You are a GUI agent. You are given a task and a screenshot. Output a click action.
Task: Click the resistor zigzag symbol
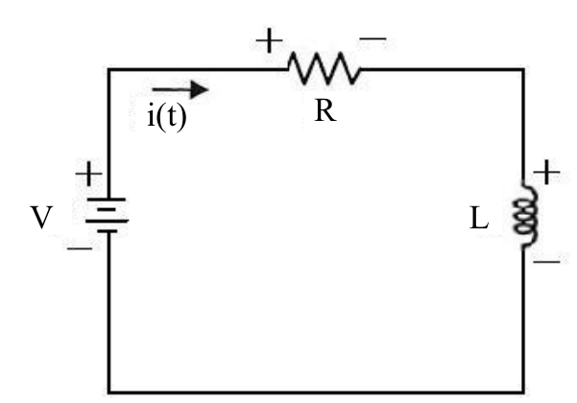[325, 68]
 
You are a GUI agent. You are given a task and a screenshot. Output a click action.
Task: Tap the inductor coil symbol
[526, 214]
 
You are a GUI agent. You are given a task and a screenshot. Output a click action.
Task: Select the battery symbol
[108, 215]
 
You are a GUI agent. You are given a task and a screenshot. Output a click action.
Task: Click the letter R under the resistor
[325, 111]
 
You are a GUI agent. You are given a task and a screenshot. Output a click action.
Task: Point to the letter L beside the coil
[479, 219]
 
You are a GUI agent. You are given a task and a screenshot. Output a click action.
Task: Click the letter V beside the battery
[41, 217]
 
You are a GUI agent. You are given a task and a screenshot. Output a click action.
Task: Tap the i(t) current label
[167, 116]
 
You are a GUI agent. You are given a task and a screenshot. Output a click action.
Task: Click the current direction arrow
[180, 90]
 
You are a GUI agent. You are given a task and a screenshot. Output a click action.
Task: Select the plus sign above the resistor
[270, 40]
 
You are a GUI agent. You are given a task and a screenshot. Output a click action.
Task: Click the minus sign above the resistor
[373, 37]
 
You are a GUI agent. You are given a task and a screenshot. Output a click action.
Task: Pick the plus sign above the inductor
[546, 172]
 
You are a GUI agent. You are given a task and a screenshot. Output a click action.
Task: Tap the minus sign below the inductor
[546, 261]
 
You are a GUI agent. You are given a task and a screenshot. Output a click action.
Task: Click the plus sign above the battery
[88, 173]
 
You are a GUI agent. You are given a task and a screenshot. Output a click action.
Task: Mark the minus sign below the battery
[80, 249]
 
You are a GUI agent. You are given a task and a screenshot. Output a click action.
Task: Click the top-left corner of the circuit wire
[108, 69]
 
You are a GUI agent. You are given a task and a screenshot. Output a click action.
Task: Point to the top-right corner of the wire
[523, 69]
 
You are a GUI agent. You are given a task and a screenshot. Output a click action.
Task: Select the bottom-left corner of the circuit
[108, 392]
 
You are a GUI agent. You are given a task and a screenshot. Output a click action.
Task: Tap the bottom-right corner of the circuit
[523, 392]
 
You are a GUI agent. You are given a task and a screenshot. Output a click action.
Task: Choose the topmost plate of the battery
[107, 200]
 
